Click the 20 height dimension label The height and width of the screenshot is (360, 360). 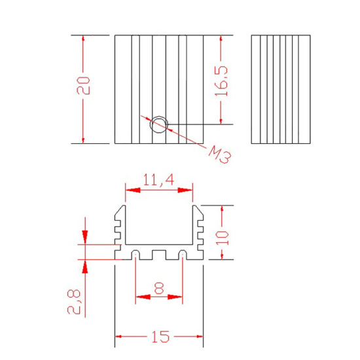(83, 86)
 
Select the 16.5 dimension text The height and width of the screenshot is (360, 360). (221, 81)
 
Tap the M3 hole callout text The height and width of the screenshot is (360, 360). (220, 154)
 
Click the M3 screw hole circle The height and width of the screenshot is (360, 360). (159, 124)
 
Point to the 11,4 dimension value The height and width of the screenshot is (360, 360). (158, 179)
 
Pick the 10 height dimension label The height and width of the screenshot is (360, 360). (223, 238)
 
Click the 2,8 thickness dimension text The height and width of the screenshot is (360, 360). (74, 302)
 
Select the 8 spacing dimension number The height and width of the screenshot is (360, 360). (159, 288)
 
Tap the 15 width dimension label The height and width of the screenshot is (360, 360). (160, 337)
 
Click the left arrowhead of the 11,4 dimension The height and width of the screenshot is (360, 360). (133, 190)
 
